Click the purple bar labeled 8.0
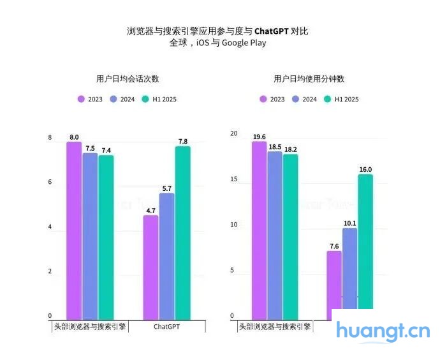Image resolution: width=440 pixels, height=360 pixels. click(x=74, y=230)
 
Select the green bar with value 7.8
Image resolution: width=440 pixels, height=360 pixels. click(x=183, y=233)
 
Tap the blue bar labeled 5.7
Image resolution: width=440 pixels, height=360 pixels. click(x=166, y=255)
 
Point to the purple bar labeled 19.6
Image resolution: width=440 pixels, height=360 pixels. click(x=259, y=230)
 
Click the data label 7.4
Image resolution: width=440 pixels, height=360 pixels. click(x=106, y=150)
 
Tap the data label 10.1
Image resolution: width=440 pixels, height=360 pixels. click(x=349, y=223)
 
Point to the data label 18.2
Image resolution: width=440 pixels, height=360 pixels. click(x=290, y=149)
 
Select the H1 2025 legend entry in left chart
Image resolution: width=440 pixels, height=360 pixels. click(x=160, y=99)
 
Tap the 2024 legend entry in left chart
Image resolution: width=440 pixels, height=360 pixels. click(x=122, y=99)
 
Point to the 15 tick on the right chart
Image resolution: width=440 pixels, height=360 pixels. click(x=233, y=179)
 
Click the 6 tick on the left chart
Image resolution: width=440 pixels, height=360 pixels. click(x=50, y=183)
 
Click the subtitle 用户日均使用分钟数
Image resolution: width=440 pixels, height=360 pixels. click(x=309, y=79)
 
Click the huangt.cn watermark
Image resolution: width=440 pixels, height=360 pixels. click(x=383, y=331)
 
